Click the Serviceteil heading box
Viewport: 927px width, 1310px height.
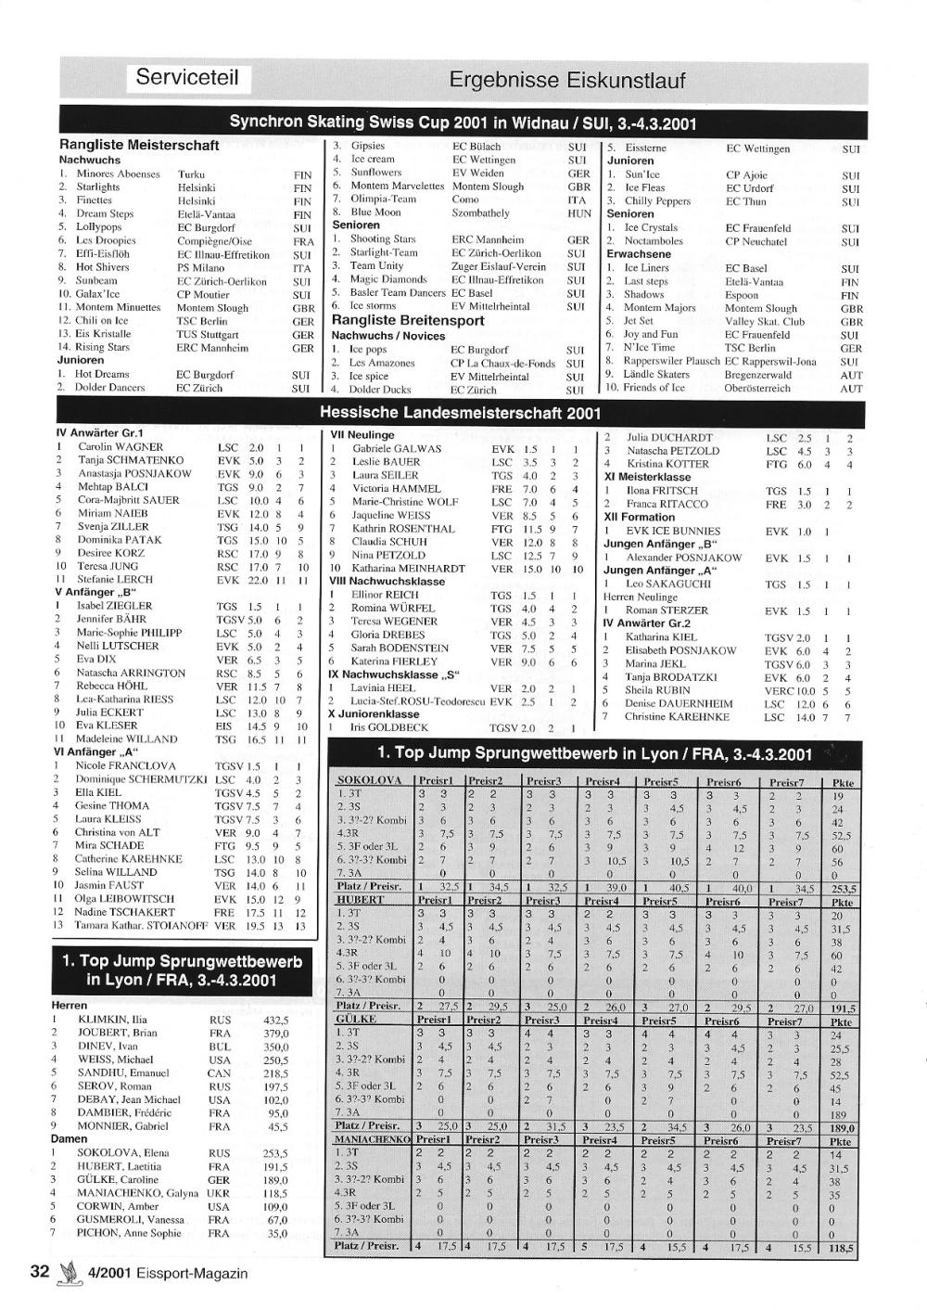[x=187, y=77]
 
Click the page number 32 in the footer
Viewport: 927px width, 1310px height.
[x=39, y=1271]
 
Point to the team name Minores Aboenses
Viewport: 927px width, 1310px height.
[x=118, y=173]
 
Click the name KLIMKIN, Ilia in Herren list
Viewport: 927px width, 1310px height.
[x=112, y=1020]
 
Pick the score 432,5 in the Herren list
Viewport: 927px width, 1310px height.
[x=275, y=1020]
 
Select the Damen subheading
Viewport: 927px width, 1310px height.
[x=70, y=1137]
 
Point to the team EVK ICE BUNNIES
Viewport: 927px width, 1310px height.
[x=673, y=531]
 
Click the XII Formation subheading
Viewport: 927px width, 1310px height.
[x=640, y=517]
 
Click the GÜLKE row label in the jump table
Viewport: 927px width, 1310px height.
[x=358, y=1019]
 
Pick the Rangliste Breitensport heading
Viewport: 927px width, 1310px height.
[x=408, y=320]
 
